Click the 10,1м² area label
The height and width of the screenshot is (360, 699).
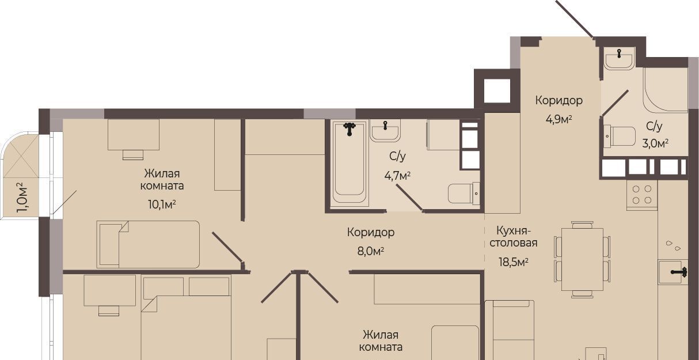click(x=162, y=204)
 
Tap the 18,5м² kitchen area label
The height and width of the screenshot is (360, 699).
click(x=514, y=262)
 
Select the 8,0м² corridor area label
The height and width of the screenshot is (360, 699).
click(x=370, y=251)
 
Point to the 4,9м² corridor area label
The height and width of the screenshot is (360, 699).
click(x=559, y=119)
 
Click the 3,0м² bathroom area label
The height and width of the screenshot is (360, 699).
click(x=655, y=143)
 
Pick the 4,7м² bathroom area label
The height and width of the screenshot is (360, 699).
click(x=397, y=176)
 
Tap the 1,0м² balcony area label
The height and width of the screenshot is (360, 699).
click(x=22, y=198)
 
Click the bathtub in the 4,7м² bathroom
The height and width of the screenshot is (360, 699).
click(x=348, y=162)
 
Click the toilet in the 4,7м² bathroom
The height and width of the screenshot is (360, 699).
click(x=464, y=194)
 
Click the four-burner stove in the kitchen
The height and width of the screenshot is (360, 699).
click(x=642, y=195)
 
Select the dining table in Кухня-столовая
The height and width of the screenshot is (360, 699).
click(x=582, y=259)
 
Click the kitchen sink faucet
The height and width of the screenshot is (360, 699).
click(x=679, y=272)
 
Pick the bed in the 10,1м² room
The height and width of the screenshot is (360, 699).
click(x=148, y=244)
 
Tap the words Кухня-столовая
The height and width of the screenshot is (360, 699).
click(x=514, y=237)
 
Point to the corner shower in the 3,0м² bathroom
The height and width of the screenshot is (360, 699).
click(x=665, y=89)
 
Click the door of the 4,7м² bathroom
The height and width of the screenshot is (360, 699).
click(x=410, y=198)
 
